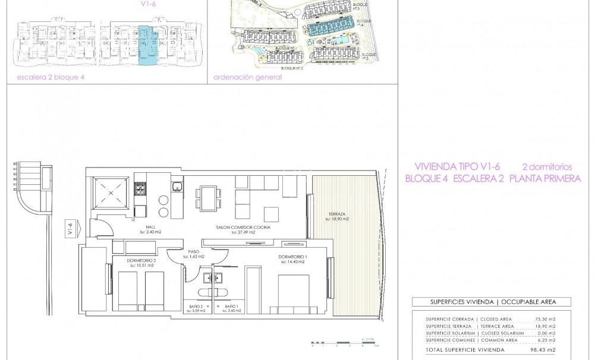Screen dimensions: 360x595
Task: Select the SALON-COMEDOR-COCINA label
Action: pos(235,229)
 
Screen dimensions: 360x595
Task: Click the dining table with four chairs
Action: pos(208,195)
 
